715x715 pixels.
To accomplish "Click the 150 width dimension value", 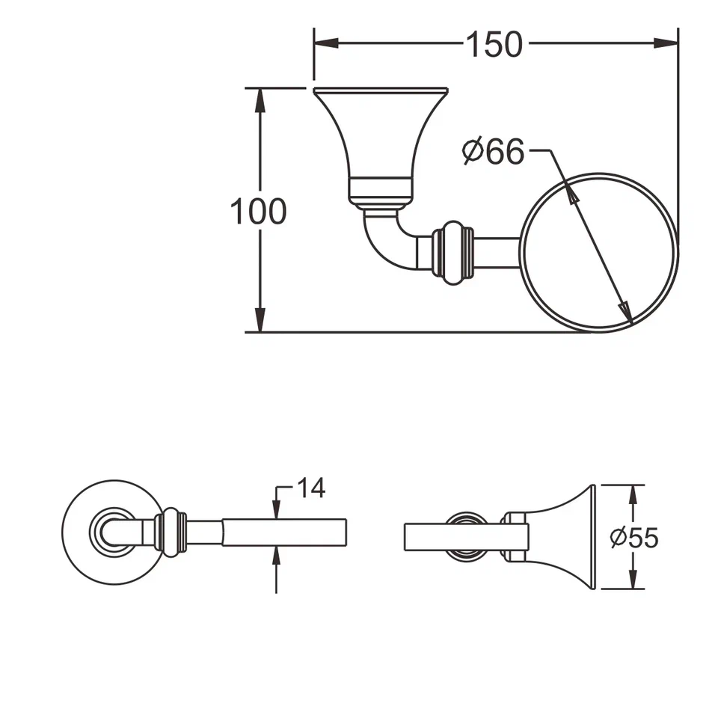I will coord(494,44).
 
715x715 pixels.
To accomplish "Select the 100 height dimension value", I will coord(258,212).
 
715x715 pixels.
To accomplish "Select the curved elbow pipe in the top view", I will coord(385,239).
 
